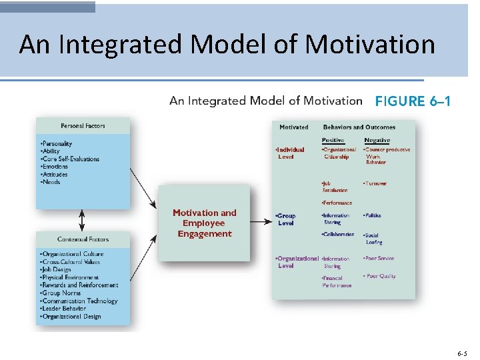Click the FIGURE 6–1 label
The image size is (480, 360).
pyautogui.click(x=413, y=101)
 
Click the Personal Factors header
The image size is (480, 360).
pyautogui.click(x=83, y=125)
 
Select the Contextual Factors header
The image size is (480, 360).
pyautogui.click(x=83, y=239)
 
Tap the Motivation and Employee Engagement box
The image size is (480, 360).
pyautogui.click(x=204, y=223)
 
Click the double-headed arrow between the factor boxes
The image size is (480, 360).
pyautogui.click(x=82, y=219)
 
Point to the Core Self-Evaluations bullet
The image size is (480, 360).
pyautogui.click(x=70, y=159)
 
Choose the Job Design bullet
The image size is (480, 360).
pyautogui.click(x=55, y=269)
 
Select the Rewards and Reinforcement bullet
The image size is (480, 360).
pyautogui.click(x=79, y=285)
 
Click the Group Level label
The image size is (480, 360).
pyautogui.click(x=286, y=219)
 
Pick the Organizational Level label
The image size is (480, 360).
pyautogui.click(x=296, y=262)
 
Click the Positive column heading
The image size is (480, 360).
pyautogui.click(x=333, y=139)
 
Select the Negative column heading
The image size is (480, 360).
pyautogui.click(x=377, y=139)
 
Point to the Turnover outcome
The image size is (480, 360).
pyautogui.click(x=375, y=183)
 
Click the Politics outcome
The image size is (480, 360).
pyautogui.click(x=373, y=215)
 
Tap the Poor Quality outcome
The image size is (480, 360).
pyautogui.click(x=379, y=276)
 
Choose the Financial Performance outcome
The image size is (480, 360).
pyautogui.click(x=337, y=281)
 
